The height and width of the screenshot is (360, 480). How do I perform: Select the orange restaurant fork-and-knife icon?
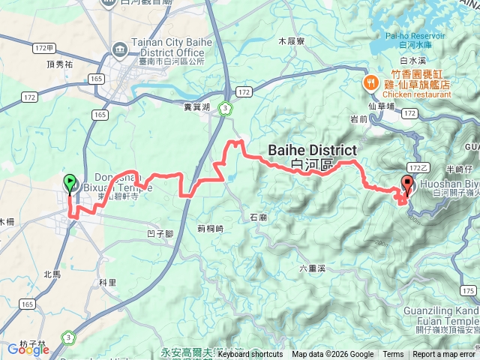[x=370, y=82]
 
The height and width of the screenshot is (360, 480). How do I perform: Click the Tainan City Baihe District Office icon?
[x=119, y=49]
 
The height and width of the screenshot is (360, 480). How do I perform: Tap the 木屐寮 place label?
[x=291, y=41]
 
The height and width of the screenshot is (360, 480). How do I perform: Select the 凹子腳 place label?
[x=160, y=234]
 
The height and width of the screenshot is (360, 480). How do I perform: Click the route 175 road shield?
[x=468, y=290]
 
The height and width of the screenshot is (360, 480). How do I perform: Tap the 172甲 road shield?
[x=44, y=48]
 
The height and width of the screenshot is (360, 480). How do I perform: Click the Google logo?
[x=28, y=349]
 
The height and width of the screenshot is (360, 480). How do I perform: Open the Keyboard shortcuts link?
[x=250, y=355]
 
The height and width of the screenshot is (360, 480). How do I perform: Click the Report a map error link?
[x=444, y=355]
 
